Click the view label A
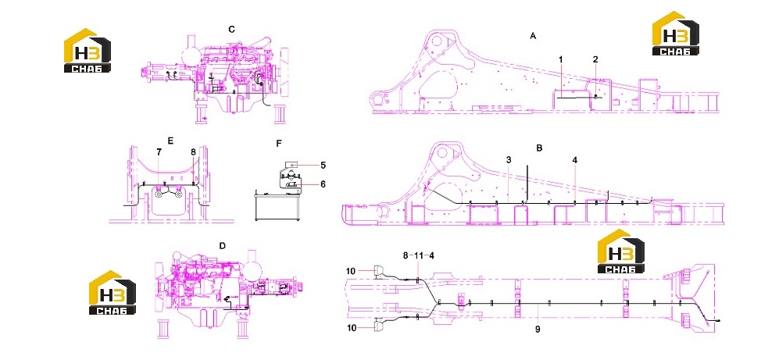[x=533, y=36]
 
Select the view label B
[x=539, y=148]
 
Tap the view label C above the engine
[x=232, y=29]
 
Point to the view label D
[x=222, y=246]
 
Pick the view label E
[x=170, y=141]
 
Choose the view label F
[x=279, y=144]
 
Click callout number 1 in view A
[x=560, y=59]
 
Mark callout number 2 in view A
[x=595, y=59]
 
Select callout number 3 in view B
[x=508, y=159]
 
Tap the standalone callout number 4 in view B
[x=574, y=159]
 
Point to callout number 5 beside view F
[x=323, y=165]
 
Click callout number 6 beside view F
[x=323, y=184]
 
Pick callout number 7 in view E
[x=159, y=152]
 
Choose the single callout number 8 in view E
[x=193, y=152]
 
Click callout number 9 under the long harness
[x=538, y=329]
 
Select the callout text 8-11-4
[x=418, y=255]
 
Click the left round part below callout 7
[x=159, y=194]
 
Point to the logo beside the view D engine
[x=113, y=293]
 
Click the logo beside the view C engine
[x=88, y=51]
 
